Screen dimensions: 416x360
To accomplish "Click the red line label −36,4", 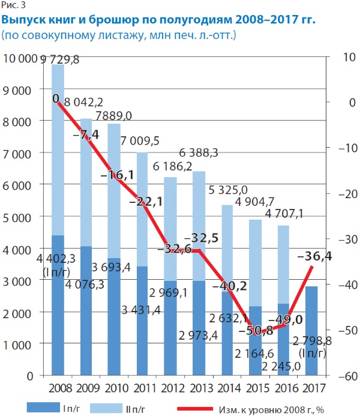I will click(316, 257).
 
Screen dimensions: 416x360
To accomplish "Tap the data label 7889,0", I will click(115, 115).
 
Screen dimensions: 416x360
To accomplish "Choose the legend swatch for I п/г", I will click(45, 408).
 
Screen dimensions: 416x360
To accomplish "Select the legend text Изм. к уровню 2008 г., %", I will click(275, 408).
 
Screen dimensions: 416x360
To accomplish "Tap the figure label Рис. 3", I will click(14, 6).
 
